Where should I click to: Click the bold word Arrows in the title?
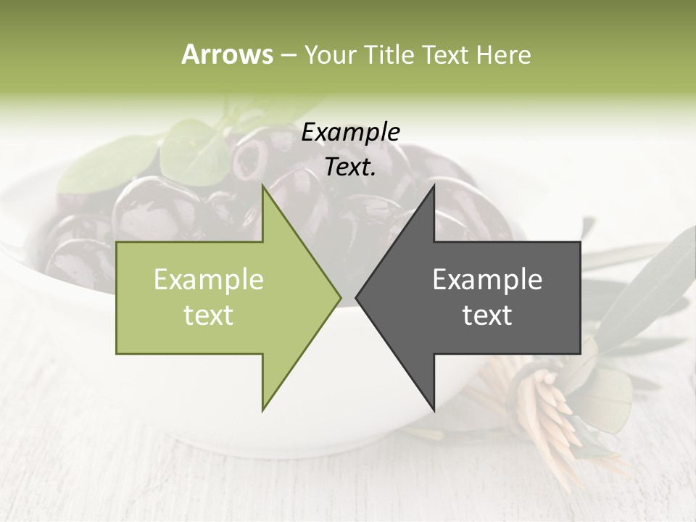point(228,54)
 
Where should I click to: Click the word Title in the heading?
point(389,54)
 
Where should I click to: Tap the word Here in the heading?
point(504,54)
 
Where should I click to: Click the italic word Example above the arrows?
point(351,133)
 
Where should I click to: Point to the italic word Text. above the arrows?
point(351,167)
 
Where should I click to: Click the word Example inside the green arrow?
point(209,279)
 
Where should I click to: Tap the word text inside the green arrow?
point(209,315)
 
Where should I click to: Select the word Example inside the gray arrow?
point(487,279)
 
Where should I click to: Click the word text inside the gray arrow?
point(487,315)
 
